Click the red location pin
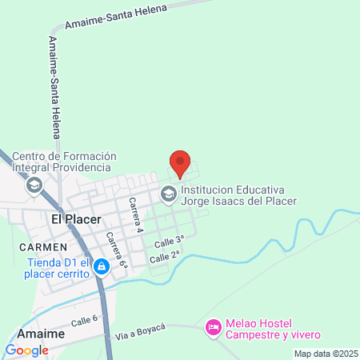[x=180, y=163]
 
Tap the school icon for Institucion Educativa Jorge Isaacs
[x=169, y=193]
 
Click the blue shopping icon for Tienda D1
[x=101, y=266]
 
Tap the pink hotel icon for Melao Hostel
[x=213, y=327]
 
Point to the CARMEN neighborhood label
[x=45, y=247]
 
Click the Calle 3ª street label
[x=170, y=239]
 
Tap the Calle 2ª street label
[x=165, y=256]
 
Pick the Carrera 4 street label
[x=134, y=214]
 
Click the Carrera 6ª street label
[x=116, y=250]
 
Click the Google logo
[x=26, y=350]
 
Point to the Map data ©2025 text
[x=325, y=354]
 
